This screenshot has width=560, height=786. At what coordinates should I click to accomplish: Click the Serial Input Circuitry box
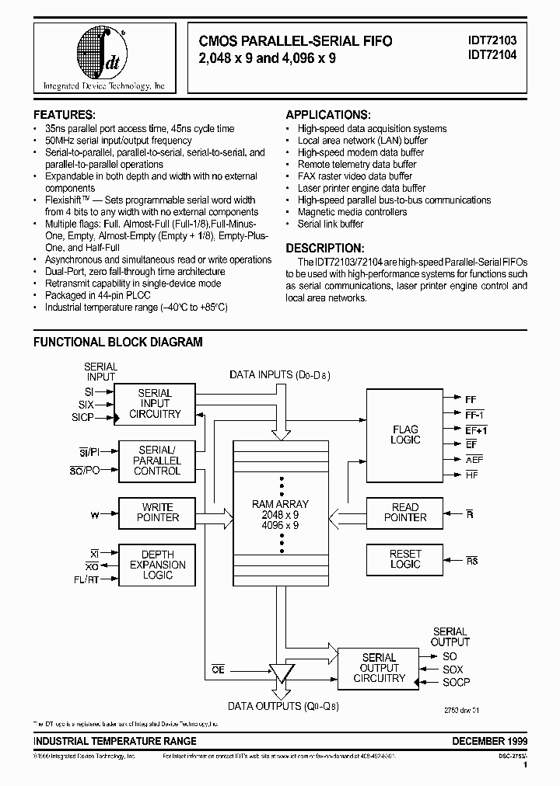coord(154,404)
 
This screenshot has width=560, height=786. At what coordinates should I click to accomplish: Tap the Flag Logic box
coord(405,435)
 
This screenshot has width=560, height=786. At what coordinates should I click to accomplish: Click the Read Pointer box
coord(405,513)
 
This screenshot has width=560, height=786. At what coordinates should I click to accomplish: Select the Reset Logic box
coord(405,559)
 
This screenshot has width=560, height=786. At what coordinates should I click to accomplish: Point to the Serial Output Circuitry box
coord(380,668)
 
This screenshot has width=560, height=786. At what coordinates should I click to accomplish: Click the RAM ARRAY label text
coord(280,504)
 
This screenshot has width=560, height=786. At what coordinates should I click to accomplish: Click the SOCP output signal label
coord(456,682)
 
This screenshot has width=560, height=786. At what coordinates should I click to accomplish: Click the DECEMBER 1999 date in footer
coord(489,741)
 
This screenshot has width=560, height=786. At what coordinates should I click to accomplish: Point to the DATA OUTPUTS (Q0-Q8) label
coord(283,706)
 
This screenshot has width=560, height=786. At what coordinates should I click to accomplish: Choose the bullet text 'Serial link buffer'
coord(331,224)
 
